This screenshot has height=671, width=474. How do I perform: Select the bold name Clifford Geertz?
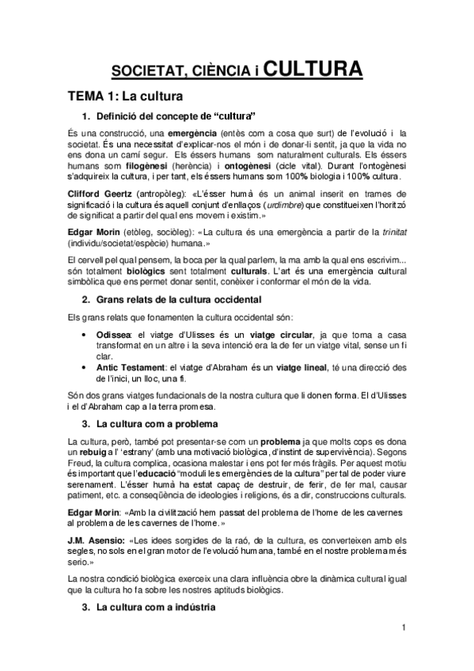click(98, 193)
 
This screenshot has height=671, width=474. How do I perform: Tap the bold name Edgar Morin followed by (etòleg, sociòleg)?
click(93, 231)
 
